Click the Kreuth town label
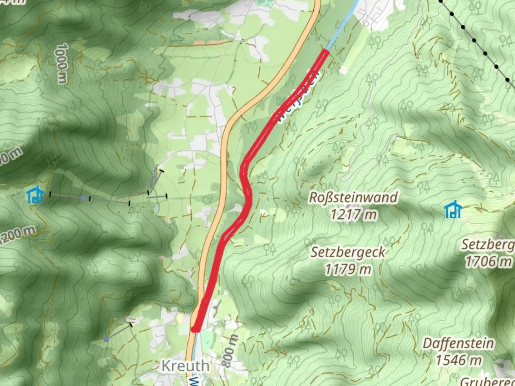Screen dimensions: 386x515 click(185, 366)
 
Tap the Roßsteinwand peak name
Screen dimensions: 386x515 click(353, 198)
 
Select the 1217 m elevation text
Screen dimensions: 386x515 click(353, 215)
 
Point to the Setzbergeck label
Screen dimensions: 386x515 click(348, 252)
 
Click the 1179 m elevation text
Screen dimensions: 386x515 click(348, 269)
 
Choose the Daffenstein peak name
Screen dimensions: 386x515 click(458, 343)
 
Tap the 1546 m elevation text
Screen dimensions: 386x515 click(458, 360)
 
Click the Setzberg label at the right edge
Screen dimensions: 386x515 click(488, 245)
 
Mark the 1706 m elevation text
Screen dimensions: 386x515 click(488, 262)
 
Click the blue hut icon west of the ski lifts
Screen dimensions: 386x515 click(35, 195)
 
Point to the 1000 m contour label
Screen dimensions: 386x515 click(62, 64)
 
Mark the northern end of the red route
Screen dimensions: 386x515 click(326, 52)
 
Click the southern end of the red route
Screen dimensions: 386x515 click(194, 329)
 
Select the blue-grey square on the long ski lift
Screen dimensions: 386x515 click(83, 198)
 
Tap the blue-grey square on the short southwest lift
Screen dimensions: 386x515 click(106, 339)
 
